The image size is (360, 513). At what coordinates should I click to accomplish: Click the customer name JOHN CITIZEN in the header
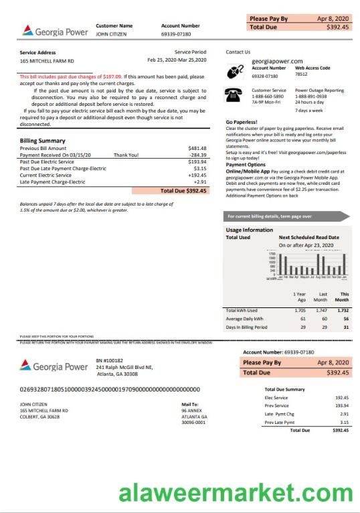click(111, 33)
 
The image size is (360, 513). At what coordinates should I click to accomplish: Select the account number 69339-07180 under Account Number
click(176, 33)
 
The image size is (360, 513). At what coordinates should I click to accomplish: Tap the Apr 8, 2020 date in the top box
click(333, 19)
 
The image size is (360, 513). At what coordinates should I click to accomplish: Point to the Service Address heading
click(37, 52)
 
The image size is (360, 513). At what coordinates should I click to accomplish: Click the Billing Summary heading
click(43, 141)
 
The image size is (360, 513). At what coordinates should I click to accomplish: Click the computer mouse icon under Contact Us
click(236, 71)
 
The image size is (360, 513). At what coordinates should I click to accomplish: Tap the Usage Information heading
click(250, 230)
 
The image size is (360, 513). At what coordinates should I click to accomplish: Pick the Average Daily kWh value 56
click(346, 319)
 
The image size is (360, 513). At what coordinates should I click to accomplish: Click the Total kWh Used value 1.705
click(300, 311)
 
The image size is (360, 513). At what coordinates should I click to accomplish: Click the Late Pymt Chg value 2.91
click(344, 414)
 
